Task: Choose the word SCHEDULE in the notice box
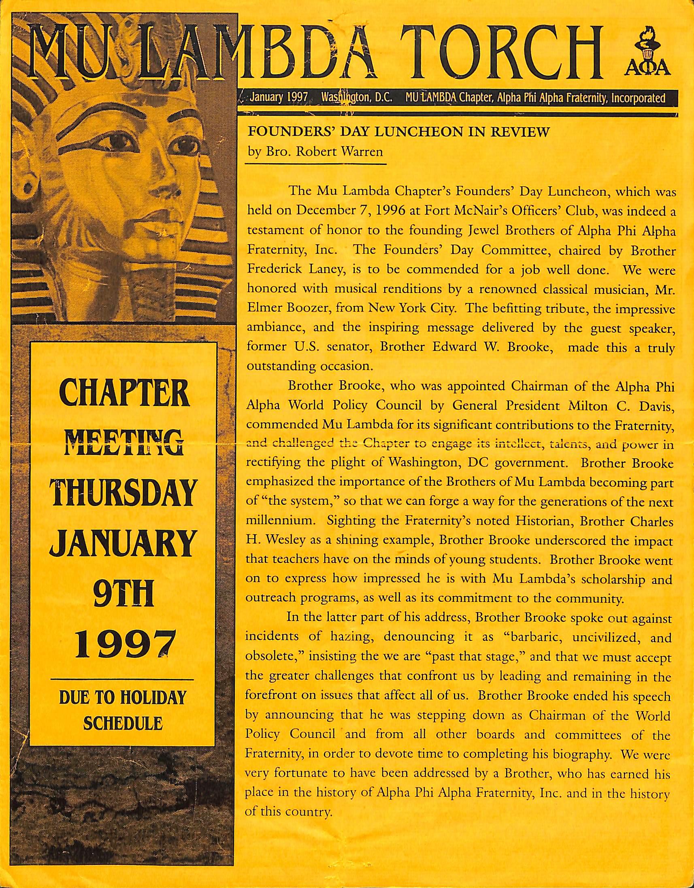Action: point(123,724)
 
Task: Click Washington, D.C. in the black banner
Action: point(356,98)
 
